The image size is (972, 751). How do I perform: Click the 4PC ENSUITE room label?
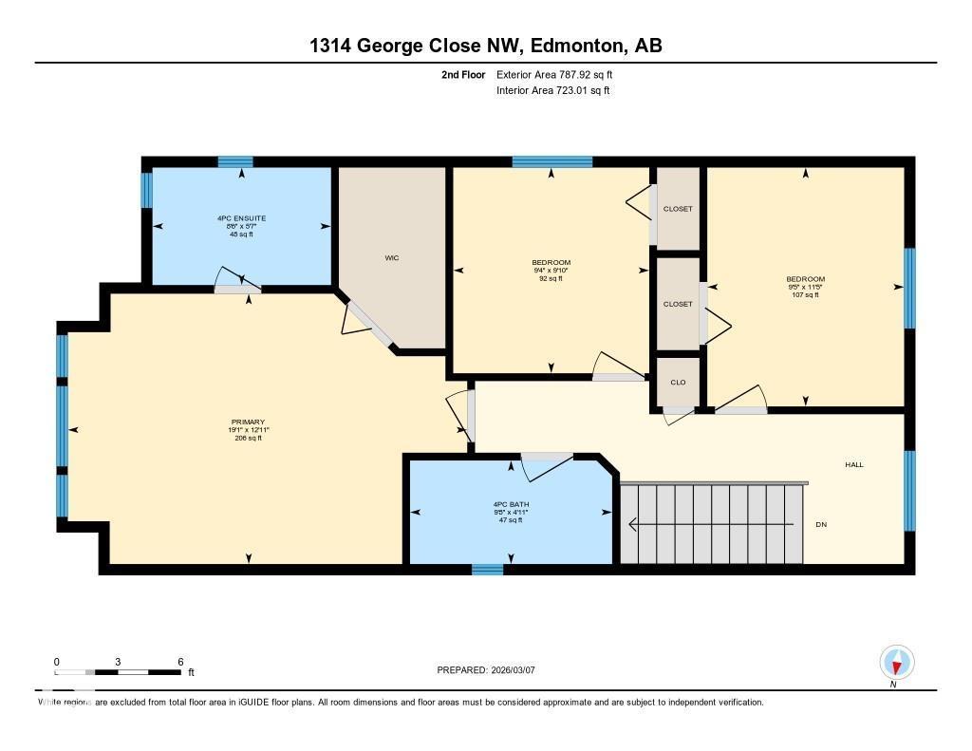click(241, 218)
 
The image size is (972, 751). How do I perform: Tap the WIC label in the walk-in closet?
click(390, 257)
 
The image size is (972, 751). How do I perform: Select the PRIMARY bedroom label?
click(247, 422)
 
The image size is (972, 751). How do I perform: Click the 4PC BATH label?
click(510, 504)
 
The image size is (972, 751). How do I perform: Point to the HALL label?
click(854, 464)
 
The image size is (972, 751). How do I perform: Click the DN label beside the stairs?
click(821, 524)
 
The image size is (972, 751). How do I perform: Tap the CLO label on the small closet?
click(678, 382)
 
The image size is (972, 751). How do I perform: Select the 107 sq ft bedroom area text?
click(806, 295)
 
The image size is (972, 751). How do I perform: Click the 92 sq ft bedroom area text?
click(551, 278)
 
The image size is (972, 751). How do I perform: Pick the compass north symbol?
click(896, 662)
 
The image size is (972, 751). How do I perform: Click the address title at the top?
click(485, 46)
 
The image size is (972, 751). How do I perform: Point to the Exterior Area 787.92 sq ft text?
click(561, 74)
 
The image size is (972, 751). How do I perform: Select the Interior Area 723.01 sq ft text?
click(552, 91)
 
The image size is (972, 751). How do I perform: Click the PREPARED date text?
click(487, 669)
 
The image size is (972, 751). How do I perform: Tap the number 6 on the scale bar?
click(179, 662)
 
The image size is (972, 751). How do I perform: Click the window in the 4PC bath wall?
click(487, 570)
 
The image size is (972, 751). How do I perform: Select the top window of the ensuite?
click(235, 161)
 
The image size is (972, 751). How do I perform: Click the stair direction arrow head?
click(633, 523)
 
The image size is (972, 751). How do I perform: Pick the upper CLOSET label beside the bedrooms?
click(678, 209)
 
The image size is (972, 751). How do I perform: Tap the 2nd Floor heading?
click(463, 74)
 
